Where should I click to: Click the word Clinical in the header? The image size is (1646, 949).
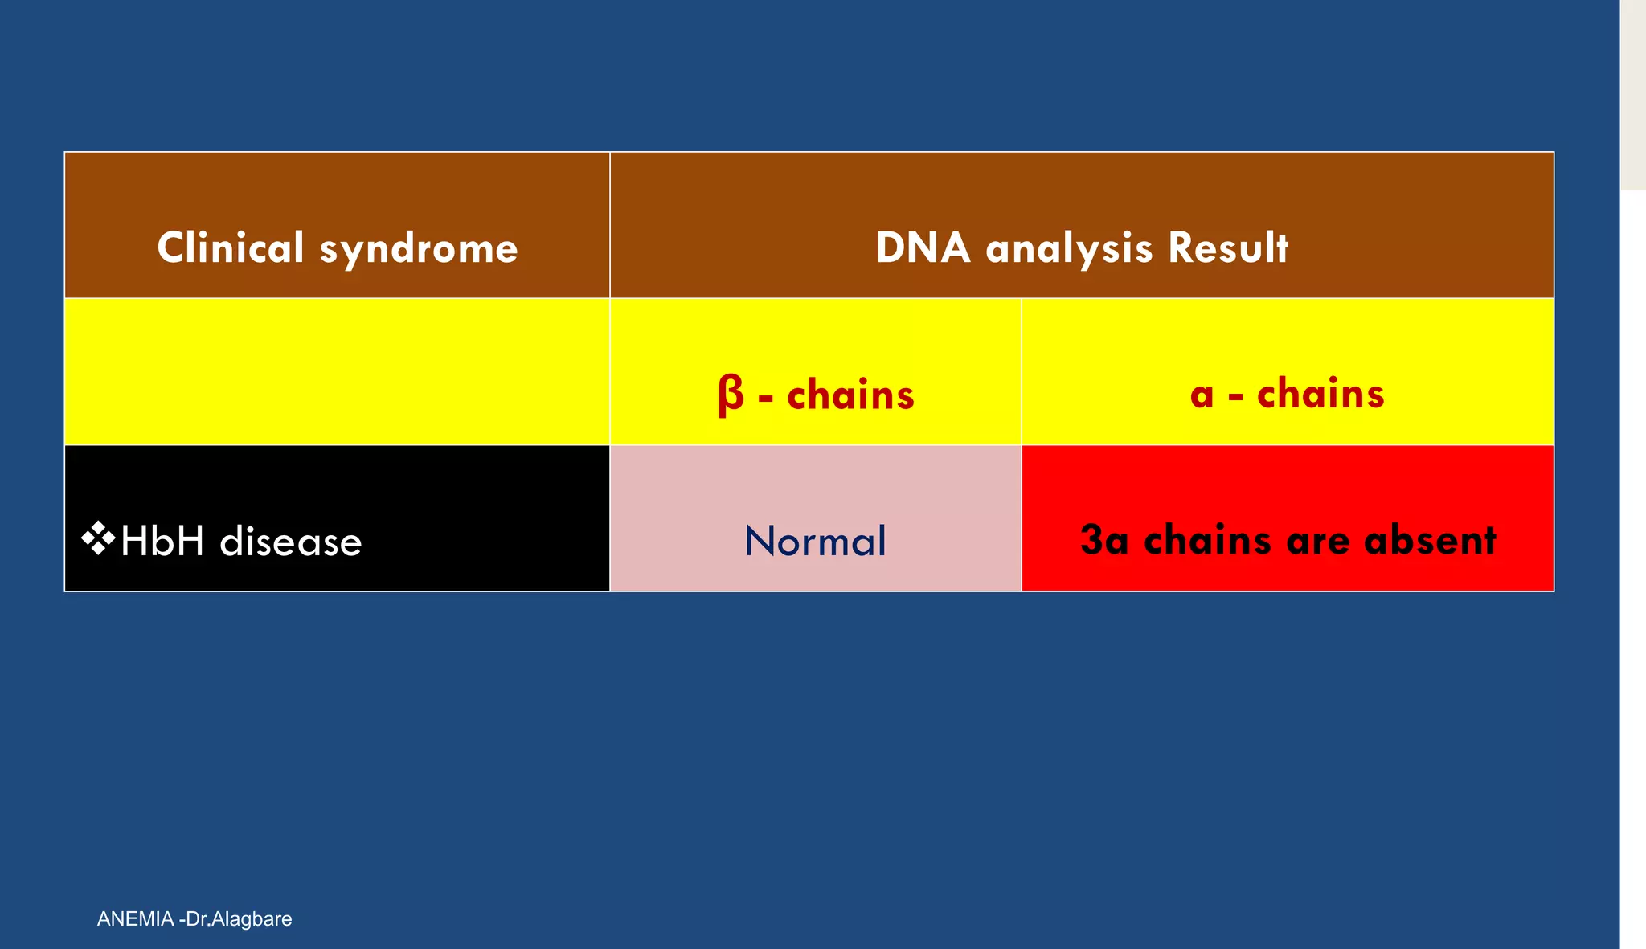tap(231, 247)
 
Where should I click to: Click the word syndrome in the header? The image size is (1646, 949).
tap(419, 249)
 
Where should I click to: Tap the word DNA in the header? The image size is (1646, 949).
tap(923, 247)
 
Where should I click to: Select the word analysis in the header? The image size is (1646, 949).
tap(1069, 249)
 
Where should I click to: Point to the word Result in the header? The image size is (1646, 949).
tap(1228, 247)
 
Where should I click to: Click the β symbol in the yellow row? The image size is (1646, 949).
tap(731, 395)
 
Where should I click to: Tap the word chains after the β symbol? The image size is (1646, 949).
tap(850, 395)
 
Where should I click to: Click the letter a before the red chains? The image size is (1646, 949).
tap(1202, 395)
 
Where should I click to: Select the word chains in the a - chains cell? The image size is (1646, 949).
tap(1320, 394)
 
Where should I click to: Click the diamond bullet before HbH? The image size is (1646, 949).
tap(98, 538)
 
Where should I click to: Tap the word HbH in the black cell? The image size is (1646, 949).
tap(162, 541)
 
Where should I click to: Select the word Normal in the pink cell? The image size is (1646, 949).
tap(815, 541)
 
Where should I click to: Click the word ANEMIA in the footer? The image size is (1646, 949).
tap(135, 918)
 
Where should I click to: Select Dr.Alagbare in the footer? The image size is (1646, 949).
tap(239, 918)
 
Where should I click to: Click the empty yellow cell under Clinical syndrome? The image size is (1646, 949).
tap(337, 371)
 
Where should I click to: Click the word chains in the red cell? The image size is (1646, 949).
tap(1207, 540)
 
